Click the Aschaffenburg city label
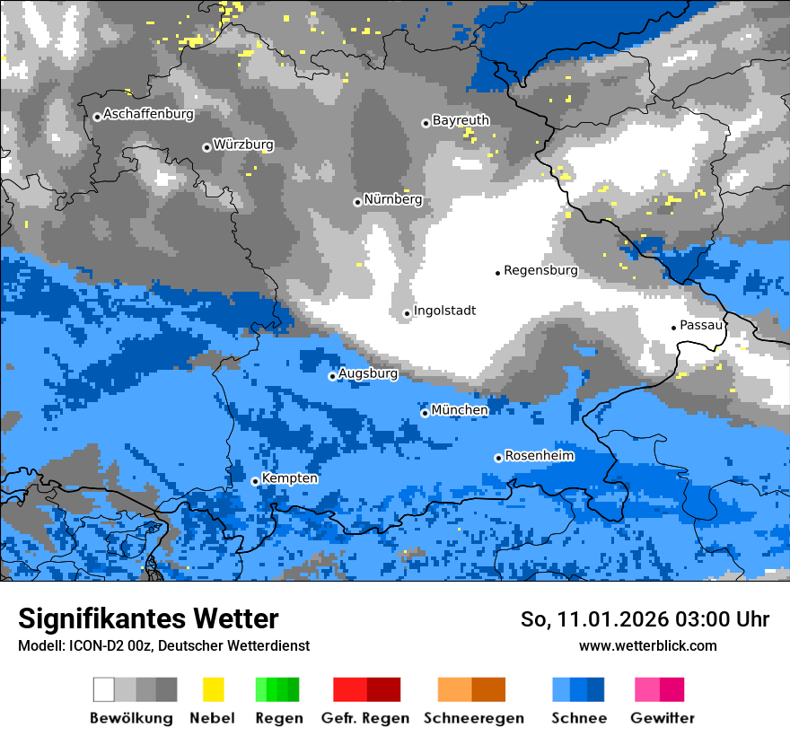click(x=148, y=114)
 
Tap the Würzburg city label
click(x=243, y=145)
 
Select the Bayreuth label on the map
click(x=461, y=119)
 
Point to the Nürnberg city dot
click(x=357, y=202)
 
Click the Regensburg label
click(x=540, y=269)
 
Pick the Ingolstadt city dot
click(x=407, y=313)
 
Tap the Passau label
click(x=701, y=325)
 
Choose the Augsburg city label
click(x=368, y=373)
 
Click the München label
click(x=460, y=410)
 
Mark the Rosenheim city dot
click(x=498, y=458)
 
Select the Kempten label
click(x=289, y=478)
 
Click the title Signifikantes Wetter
click(x=148, y=618)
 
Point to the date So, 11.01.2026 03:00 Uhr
click(x=645, y=619)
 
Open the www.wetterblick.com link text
click(x=647, y=645)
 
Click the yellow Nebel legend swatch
click(x=213, y=689)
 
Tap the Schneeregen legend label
click(x=474, y=718)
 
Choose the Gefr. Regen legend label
click(x=365, y=718)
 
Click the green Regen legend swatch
click(x=276, y=689)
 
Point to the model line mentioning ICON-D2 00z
click(x=163, y=645)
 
